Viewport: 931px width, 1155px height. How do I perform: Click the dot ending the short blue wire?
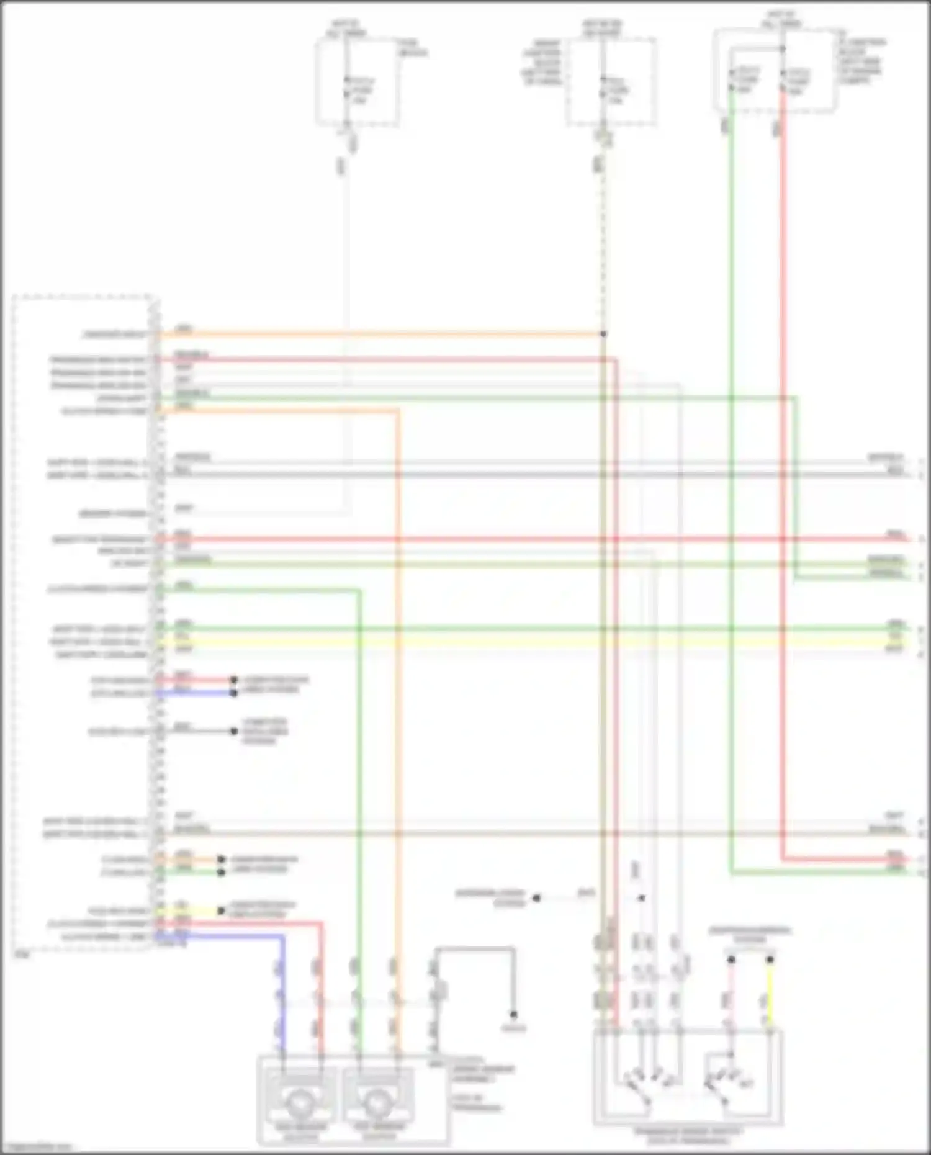234,693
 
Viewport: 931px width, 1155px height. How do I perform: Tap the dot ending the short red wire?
234,680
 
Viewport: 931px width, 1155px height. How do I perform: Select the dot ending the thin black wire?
234,731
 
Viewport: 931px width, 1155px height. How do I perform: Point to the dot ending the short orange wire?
221,860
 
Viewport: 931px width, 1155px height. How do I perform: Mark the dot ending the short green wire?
221,872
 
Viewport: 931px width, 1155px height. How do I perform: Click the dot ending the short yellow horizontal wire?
221,910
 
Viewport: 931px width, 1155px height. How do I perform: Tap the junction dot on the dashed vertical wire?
603,334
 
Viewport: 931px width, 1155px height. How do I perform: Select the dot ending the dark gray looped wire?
513,1015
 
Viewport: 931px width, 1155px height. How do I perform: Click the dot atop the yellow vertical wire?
770,960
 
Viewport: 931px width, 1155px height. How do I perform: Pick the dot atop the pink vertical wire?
731,960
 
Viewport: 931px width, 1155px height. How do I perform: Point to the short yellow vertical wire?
770,993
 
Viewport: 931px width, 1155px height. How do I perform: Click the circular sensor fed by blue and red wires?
300,1102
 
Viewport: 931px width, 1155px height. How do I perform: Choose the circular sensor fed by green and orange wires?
378,1102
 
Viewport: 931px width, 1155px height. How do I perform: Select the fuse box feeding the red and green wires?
776,71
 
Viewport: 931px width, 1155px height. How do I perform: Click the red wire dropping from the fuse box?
782,434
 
